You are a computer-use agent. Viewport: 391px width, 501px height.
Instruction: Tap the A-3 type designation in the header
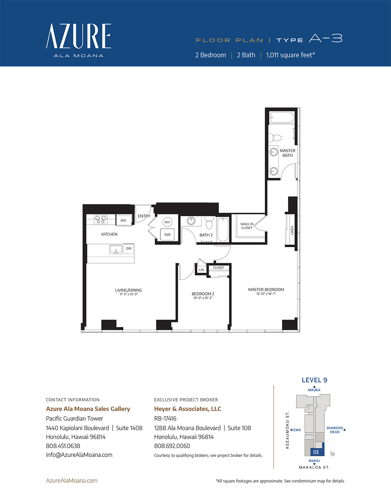tap(326, 38)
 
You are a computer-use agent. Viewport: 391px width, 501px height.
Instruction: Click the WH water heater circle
tap(167, 222)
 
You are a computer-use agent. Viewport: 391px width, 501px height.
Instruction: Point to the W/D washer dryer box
tap(167, 234)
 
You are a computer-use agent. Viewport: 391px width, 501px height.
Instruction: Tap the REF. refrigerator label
tap(124, 220)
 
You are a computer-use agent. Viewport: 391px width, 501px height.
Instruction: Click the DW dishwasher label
tap(129, 248)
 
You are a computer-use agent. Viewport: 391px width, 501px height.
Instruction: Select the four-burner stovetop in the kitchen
tap(101, 219)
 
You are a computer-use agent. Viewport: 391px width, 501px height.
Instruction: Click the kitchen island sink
tap(116, 250)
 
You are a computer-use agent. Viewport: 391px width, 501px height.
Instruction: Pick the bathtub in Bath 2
tap(223, 229)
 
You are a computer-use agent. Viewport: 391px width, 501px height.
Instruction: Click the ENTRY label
tap(144, 216)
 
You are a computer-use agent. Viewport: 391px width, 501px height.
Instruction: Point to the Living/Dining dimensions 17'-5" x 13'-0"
tap(129, 294)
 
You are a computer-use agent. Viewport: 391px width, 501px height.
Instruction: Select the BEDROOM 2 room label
tap(203, 294)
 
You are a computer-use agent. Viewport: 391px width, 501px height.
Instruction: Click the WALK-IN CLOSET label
tap(247, 226)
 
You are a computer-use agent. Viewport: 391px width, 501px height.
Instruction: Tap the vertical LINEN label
tap(292, 230)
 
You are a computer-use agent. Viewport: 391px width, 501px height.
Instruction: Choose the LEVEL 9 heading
tap(314, 380)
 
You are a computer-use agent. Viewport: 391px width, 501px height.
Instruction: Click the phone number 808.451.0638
tap(63, 446)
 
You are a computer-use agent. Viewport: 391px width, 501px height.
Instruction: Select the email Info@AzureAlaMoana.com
tap(79, 455)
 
